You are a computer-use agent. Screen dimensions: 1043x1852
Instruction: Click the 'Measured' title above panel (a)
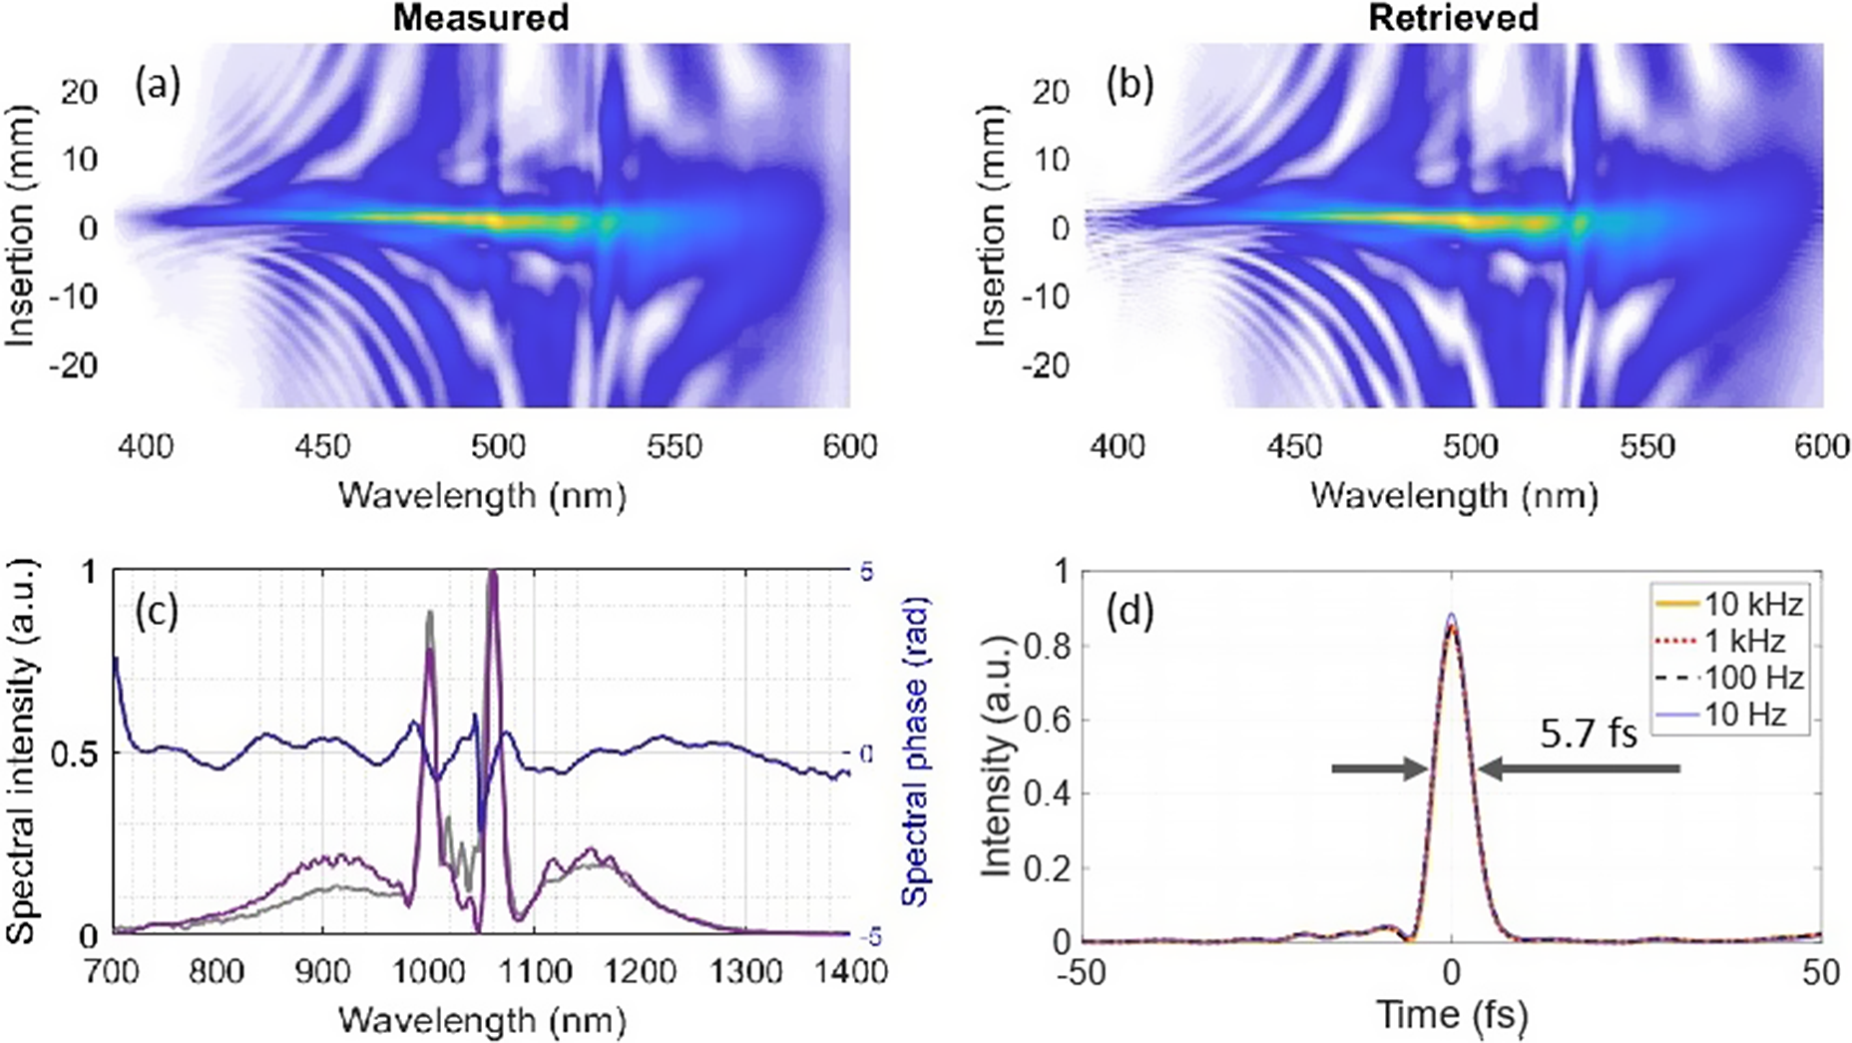pos(480,17)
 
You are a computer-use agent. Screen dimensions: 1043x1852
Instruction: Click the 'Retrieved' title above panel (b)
pos(1452,17)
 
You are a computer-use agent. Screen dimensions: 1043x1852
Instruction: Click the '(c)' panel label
pos(158,611)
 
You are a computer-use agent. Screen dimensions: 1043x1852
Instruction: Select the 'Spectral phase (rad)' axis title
pos(915,751)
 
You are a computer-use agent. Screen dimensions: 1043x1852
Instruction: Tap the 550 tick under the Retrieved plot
pos(1646,445)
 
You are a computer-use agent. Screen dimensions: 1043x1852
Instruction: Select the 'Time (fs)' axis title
pos(1452,1015)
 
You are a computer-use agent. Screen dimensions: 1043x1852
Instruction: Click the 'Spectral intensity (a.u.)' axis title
pos(22,751)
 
